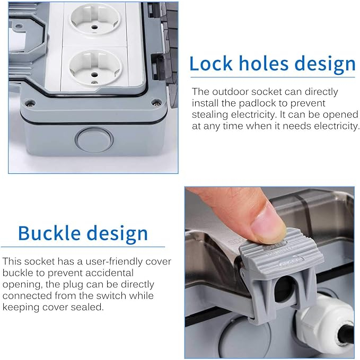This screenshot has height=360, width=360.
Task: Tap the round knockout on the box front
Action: pos(95,140)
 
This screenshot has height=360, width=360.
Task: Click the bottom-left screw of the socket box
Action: pos(30,103)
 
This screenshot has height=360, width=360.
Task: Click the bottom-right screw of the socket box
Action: pos(156,102)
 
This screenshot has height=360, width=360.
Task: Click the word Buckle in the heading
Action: pos(49,233)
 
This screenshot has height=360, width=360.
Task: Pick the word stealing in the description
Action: pos(210,115)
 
